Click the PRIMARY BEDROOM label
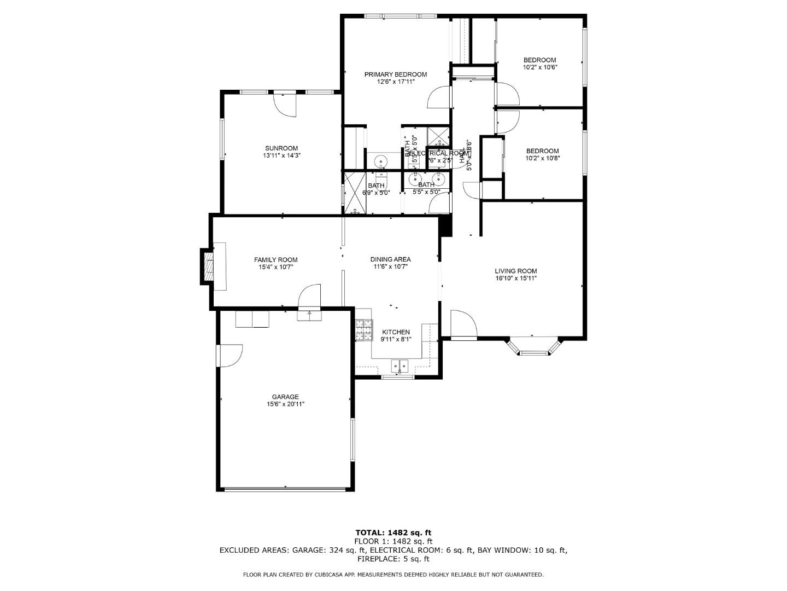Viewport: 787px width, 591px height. (396, 74)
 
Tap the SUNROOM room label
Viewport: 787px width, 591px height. (281, 148)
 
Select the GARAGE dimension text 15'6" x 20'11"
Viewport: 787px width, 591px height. (285, 404)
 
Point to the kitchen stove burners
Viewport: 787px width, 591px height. (363, 330)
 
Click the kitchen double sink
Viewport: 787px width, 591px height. (400, 365)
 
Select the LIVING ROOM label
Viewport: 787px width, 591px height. (515, 271)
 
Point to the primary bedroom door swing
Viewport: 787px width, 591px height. (439, 99)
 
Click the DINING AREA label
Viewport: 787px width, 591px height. (390, 259)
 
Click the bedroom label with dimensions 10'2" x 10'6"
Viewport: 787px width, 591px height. (539, 60)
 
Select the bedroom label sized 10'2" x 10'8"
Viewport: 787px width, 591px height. (542, 151)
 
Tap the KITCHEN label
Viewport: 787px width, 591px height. (396, 332)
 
